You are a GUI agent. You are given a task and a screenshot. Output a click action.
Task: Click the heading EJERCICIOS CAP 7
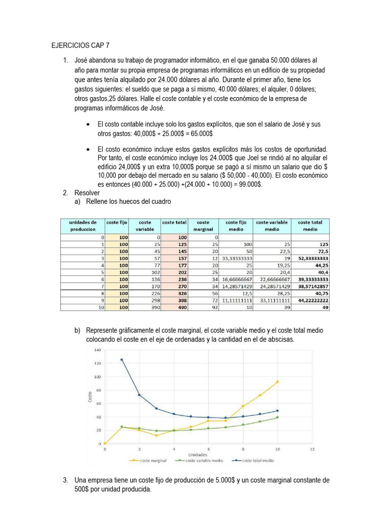pyautogui.click(x=80, y=45)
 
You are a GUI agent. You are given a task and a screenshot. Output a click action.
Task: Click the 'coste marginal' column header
pyautogui.click(x=203, y=226)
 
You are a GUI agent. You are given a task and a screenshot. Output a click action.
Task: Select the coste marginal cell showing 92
pyautogui.click(x=215, y=308)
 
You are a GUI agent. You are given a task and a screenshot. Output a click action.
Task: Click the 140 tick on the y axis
pyautogui.click(x=97, y=350)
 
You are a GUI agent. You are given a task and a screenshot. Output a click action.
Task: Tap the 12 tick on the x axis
pyautogui.click(x=312, y=449)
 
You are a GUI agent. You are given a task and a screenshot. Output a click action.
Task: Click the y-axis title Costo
pyautogui.click(x=90, y=397)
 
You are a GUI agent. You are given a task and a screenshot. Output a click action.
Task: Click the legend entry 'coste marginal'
pyautogui.click(x=151, y=461)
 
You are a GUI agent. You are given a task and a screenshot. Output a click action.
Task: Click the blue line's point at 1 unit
pyautogui.click(x=122, y=360)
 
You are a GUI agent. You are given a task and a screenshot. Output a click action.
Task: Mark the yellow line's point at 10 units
pyautogui.click(x=277, y=382)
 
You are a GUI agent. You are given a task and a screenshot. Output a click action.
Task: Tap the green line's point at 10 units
pyautogui.click(x=277, y=417)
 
